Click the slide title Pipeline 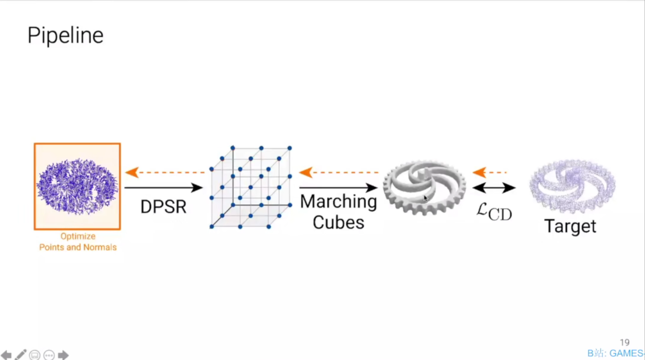(x=65, y=35)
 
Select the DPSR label (x=163, y=207)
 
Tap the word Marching (x=338, y=202)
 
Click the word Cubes (x=338, y=222)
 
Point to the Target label (x=570, y=226)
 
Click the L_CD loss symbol (x=493, y=212)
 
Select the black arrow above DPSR (x=163, y=188)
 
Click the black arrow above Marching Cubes (x=338, y=188)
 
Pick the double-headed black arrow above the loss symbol (x=493, y=188)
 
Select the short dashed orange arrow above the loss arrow (x=489, y=172)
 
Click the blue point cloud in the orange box (x=77, y=186)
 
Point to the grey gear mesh (x=424, y=187)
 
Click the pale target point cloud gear (x=572, y=185)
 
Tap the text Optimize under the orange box (x=78, y=236)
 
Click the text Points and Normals (x=78, y=247)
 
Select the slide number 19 (x=624, y=343)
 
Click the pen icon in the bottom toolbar (x=21, y=355)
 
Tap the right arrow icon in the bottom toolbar (x=63, y=355)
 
